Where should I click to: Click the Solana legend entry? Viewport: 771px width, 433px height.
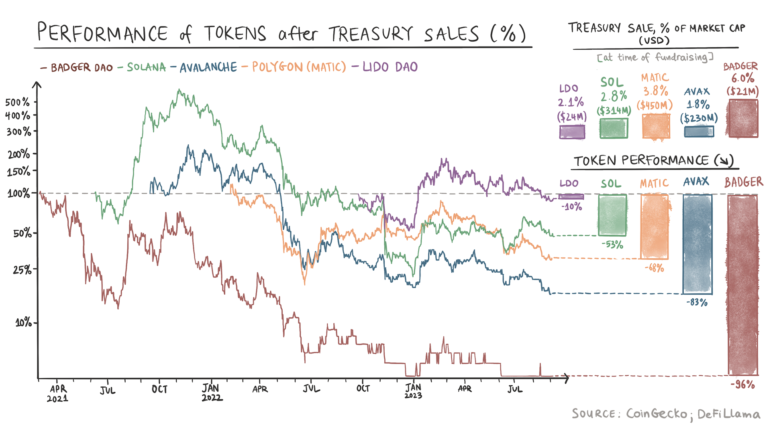pos(146,67)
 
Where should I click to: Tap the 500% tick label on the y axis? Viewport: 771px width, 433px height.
pos(17,102)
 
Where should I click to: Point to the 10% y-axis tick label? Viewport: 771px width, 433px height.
pos(23,322)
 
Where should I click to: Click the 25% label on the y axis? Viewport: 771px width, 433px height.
pos(22,270)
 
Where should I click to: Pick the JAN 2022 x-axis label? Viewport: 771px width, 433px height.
pos(211,393)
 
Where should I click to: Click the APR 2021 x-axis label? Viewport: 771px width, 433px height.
pos(58,393)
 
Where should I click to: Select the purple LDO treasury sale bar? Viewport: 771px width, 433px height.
pos(572,132)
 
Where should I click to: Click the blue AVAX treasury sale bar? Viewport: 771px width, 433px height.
pos(699,132)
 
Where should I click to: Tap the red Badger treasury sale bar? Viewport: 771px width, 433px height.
pos(742,118)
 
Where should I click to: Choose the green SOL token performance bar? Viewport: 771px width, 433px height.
pos(612,215)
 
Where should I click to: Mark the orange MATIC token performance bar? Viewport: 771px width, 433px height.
pos(655,227)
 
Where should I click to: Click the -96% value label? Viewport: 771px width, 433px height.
pos(742,385)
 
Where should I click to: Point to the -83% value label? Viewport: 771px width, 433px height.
pos(697,302)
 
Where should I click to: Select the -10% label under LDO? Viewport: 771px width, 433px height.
pos(572,207)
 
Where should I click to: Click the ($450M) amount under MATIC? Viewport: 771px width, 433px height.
pos(655,106)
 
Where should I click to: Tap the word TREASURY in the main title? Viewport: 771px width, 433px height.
pos(370,34)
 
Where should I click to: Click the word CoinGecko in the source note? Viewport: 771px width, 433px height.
pos(656,414)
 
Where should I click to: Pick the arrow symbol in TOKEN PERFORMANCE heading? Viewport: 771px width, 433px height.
pos(724,161)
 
